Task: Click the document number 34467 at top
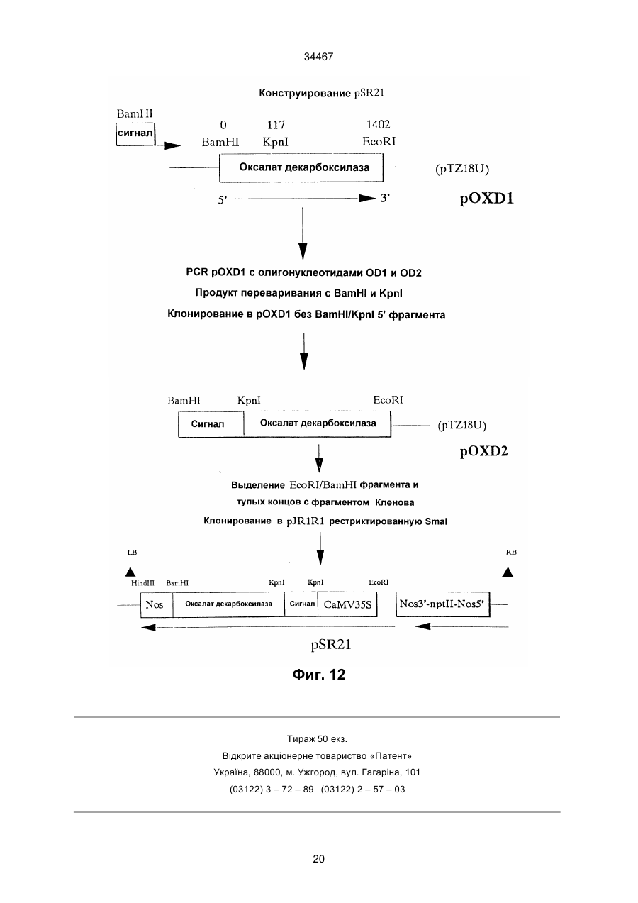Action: point(318,57)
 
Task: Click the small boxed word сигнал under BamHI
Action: point(135,134)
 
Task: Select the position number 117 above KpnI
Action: point(276,125)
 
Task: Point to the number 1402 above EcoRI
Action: point(379,125)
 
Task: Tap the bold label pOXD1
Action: point(486,199)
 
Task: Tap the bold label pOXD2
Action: point(483,451)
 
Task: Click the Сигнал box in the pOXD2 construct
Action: point(211,424)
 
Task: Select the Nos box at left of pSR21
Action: point(157,604)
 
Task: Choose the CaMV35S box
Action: point(347,604)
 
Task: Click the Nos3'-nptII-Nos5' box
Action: point(442,604)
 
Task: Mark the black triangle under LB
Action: point(130,572)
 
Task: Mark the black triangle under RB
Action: point(508,572)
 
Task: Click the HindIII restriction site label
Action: point(142,583)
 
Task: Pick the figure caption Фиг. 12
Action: point(318,675)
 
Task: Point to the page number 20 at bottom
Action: point(318,859)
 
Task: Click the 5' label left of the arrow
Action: point(223,200)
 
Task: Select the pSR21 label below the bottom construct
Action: point(330,645)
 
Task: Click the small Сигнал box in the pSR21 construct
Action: point(301,604)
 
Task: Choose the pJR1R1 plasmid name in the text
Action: point(306,521)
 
